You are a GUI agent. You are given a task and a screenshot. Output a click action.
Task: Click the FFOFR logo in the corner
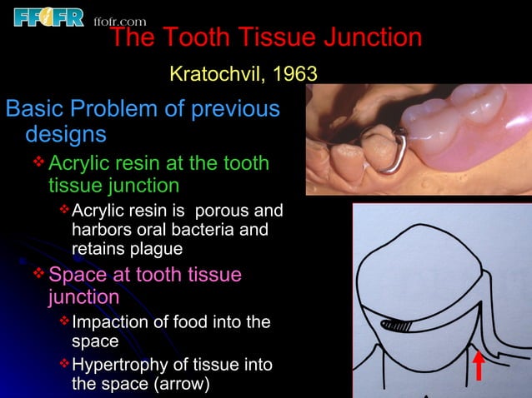48,16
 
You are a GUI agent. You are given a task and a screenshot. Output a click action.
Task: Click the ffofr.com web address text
120,21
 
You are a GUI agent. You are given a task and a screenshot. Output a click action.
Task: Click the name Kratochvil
214,74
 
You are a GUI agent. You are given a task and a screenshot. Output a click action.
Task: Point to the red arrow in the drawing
479,366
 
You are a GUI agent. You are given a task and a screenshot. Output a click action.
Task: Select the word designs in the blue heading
66,133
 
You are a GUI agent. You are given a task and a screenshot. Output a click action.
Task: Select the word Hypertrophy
118,365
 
